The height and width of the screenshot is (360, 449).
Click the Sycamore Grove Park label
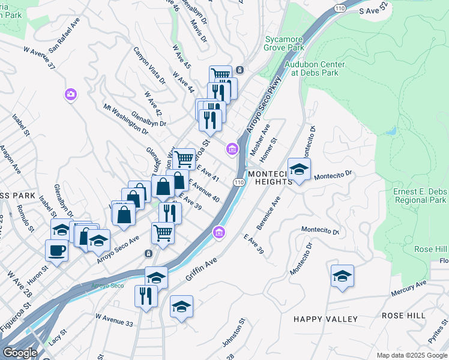click(284, 44)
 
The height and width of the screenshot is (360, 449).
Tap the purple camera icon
click(71, 94)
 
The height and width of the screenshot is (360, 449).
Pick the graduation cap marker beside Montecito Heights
click(299, 169)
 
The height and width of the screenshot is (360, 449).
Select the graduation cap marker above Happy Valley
click(342, 275)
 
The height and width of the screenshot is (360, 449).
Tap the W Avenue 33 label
click(113, 319)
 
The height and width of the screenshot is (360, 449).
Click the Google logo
click(20, 353)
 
